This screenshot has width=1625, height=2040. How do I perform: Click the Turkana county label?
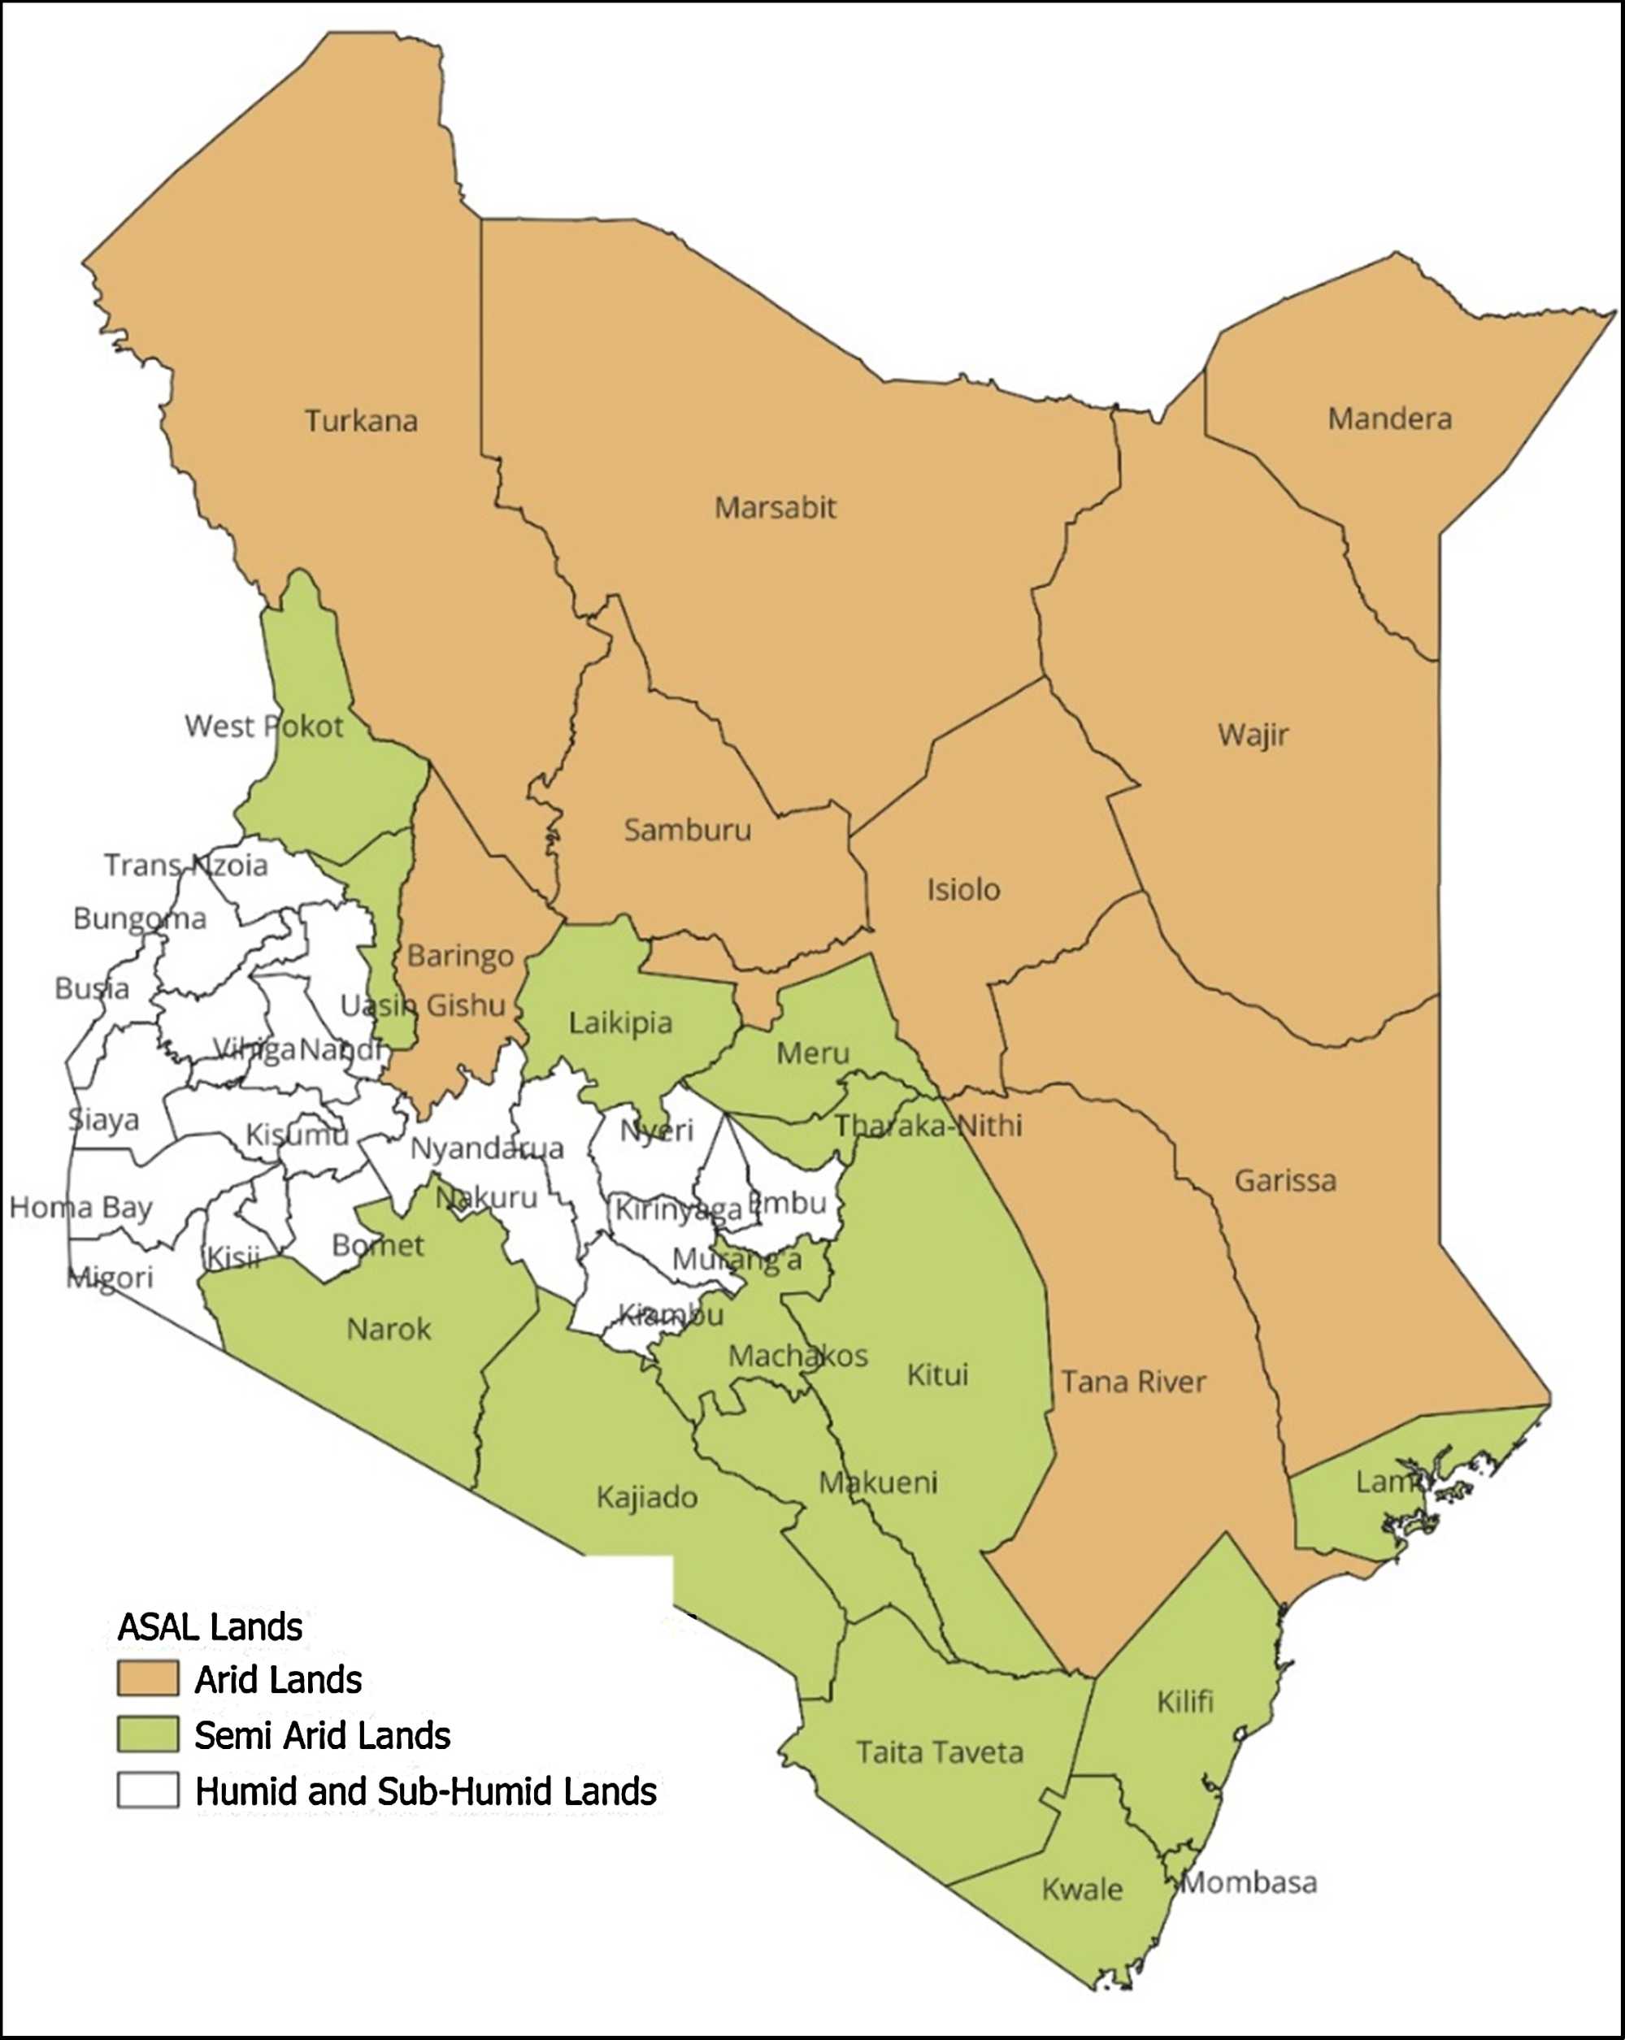pyautogui.click(x=361, y=421)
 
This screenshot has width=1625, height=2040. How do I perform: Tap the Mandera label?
pyautogui.click(x=1389, y=419)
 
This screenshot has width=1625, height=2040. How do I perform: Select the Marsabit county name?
pyautogui.click(x=776, y=508)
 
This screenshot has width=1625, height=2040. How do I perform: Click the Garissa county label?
pyautogui.click(x=1285, y=1181)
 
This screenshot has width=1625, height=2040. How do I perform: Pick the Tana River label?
pyautogui.click(x=1133, y=1382)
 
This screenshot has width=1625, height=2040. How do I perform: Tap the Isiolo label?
pyautogui.click(x=962, y=889)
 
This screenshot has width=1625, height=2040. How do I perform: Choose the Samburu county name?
pyautogui.click(x=687, y=830)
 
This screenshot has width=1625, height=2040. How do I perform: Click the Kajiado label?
pyautogui.click(x=646, y=1497)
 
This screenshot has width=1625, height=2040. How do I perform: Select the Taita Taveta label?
pyautogui.click(x=940, y=1752)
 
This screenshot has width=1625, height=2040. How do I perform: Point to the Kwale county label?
pyautogui.click(x=1082, y=1890)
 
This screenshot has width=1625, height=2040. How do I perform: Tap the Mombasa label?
pyautogui.click(x=1249, y=1883)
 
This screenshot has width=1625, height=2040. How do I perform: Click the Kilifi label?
pyautogui.click(x=1184, y=1702)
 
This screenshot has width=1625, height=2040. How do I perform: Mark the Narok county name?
pyautogui.click(x=388, y=1330)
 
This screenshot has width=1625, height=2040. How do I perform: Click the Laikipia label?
pyautogui.click(x=620, y=1022)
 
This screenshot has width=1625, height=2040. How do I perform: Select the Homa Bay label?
pyautogui.click(x=80, y=1209)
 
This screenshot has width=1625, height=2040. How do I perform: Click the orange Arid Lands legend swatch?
pyautogui.click(x=148, y=1678)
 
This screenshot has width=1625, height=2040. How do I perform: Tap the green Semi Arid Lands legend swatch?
pyautogui.click(x=148, y=1734)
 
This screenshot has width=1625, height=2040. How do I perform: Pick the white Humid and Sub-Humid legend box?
pyautogui.click(x=148, y=1790)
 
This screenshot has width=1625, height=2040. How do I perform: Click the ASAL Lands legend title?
pyautogui.click(x=209, y=1626)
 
